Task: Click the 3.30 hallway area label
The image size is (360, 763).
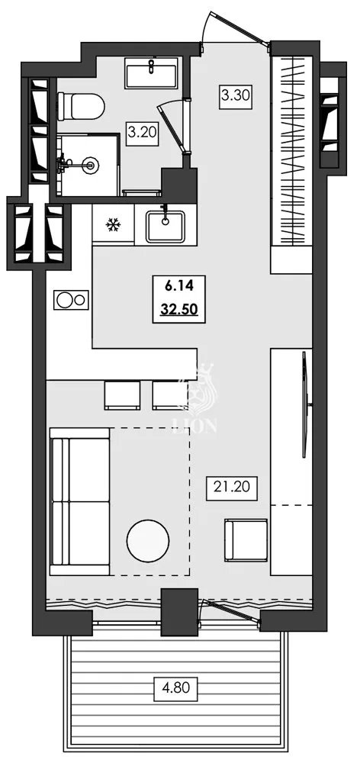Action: tap(234, 97)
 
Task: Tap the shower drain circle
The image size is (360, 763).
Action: tap(92, 163)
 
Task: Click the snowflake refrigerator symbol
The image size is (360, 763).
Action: tap(113, 224)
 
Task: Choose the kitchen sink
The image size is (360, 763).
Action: tap(166, 225)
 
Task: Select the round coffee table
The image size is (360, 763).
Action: tap(147, 540)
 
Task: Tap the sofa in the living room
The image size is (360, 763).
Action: tap(79, 501)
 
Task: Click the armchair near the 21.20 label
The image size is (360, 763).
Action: tap(245, 540)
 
